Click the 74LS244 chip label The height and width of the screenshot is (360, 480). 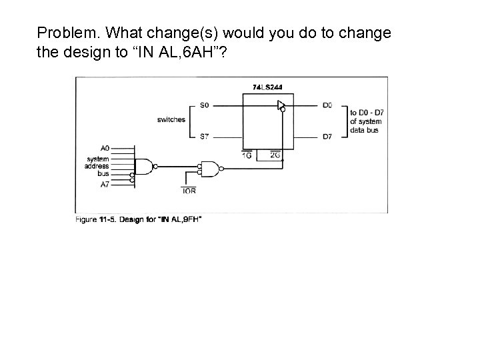(x=267, y=87)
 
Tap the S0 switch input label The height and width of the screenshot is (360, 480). (x=205, y=105)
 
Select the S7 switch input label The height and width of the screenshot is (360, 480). (x=205, y=137)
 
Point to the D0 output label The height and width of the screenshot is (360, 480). (x=327, y=105)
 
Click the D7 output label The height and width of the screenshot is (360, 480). (x=327, y=137)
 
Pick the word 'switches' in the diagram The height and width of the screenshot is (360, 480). (x=171, y=120)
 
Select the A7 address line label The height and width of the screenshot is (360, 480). (x=105, y=185)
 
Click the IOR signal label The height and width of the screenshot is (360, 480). (x=189, y=191)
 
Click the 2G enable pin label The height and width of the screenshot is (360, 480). (x=275, y=155)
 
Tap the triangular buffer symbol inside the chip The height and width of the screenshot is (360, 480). (x=281, y=105)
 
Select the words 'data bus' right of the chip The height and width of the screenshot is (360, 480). (x=364, y=130)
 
